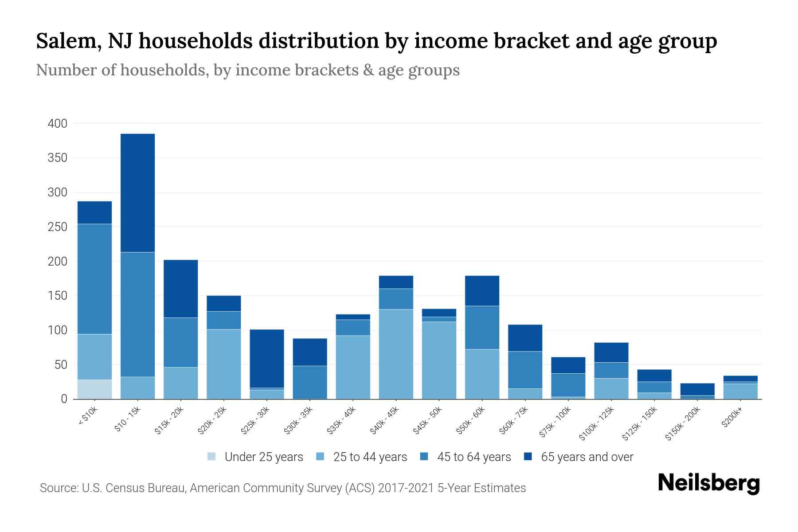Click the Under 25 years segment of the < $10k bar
tap(94, 389)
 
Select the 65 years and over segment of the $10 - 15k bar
tap(137, 193)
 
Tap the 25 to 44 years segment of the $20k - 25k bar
tap(224, 364)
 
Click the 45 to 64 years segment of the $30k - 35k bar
tap(310, 382)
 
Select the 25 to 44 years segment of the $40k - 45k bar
tap(396, 354)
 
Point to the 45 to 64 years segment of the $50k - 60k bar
tap(482, 328)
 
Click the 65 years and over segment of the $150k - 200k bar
tap(697, 389)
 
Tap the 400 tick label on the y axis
tap(57, 124)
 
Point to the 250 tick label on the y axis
tap(57, 227)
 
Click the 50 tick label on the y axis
tap(60, 365)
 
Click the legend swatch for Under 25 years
tap(211, 457)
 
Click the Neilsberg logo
tap(708, 483)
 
